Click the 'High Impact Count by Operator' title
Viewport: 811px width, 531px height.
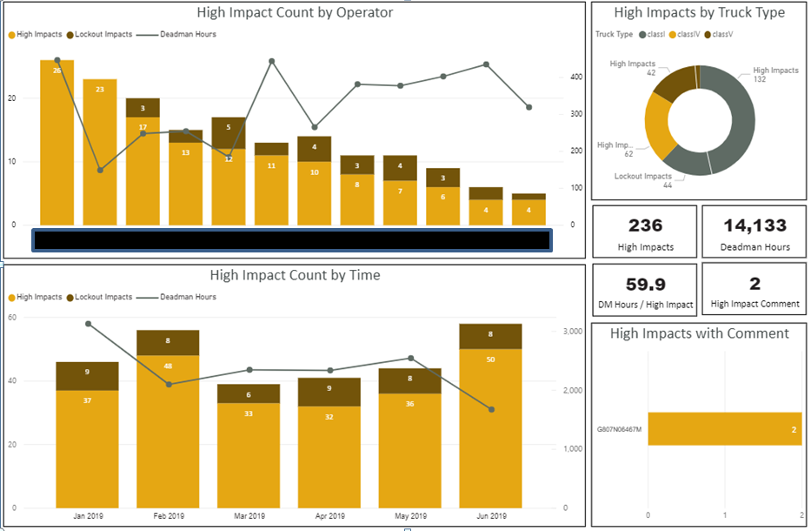pos(295,13)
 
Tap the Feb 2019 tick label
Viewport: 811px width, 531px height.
pos(168,516)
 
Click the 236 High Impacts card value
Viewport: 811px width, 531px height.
pos(645,225)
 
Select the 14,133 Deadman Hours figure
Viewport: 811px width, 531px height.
pos(754,225)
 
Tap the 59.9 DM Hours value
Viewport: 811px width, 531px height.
pos(645,284)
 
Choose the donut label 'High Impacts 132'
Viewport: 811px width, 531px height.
pos(775,75)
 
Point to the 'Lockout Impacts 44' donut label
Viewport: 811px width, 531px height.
pos(644,180)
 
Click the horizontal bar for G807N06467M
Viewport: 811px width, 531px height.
pos(723,428)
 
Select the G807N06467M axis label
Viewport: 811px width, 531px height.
pos(619,429)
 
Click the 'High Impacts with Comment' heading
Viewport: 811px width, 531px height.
pos(699,333)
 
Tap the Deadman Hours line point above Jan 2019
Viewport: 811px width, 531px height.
pos(88,324)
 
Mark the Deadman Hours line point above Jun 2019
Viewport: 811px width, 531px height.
pos(491,409)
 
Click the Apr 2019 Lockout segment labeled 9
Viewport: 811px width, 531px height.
pos(329,391)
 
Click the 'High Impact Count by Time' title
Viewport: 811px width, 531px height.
pos(295,275)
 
